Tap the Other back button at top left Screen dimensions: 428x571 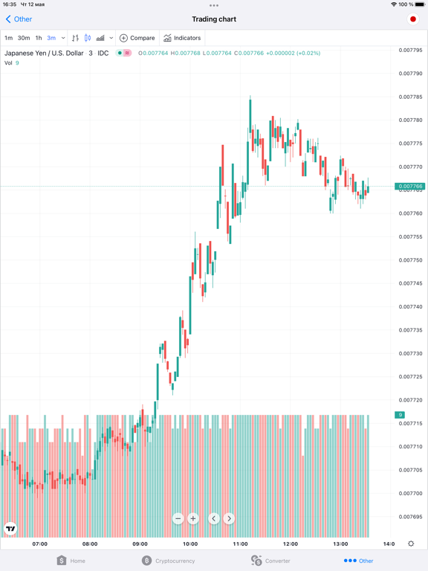pyautogui.click(x=19, y=19)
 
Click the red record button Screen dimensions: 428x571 pyautogui.click(x=412, y=19)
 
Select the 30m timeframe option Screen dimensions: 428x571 pyautogui.click(x=24, y=38)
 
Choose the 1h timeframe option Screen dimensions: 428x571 pyautogui.click(x=39, y=38)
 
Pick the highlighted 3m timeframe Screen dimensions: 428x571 pyautogui.click(x=51, y=38)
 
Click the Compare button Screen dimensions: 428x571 pyautogui.click(x=137, y=38)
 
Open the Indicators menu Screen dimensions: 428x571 pyautogui.click(x=182, y=38)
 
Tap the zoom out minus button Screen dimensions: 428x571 pyautogui.click(x=178, y=518)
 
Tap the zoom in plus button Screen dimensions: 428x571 pyautogui.click(x=193, y=518)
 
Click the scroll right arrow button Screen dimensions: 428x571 pyautogui.click(x=229, y=518)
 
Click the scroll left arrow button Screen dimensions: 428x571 pyautogui.click(x=214, y=518)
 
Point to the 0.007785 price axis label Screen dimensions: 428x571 pyautogui.click(x=410, y=97)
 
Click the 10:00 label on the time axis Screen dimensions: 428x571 pyautogui.click(x=190, y=543)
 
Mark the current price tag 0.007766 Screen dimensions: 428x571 pyautogui.click(x=410, y=187)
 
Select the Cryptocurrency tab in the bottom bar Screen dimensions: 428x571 pyautogui.click(x=168, y=561)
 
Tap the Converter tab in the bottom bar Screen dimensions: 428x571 pyautogui.click(x=270, y=561)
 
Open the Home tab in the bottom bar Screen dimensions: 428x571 pyautogui.click(x=71, y=561)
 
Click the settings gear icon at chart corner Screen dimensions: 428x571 pyautogui.click(x=411, y=543)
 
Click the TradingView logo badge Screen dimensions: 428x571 pyautogui.click(x=10, y=529)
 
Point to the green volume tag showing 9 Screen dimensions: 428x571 pyautogui.click(x=400, y=415)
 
